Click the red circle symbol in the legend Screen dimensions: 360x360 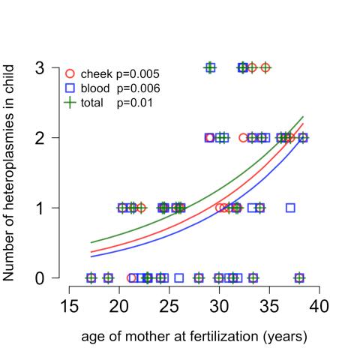pos(70,73)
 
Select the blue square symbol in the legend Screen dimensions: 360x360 pos(70,88)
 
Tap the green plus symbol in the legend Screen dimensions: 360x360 pos(70,102)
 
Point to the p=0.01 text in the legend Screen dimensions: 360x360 pos(135,102)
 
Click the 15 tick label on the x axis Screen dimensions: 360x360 pos(70,307)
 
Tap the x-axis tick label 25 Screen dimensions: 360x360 pos(169,307)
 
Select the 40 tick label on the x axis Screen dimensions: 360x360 pos(319,307)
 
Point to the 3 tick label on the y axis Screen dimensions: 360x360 pos(46,68)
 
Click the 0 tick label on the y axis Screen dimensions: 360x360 pos(46,278)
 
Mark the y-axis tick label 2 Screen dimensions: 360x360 pos(46,138)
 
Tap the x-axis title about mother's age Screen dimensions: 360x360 pos(194,337)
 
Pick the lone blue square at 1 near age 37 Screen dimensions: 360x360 pos(290,208)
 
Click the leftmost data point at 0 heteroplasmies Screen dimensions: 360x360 pos(91,277)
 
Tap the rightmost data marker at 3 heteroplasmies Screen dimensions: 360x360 pos(265,67)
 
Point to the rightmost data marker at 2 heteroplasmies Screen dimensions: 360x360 pos(303,138)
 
